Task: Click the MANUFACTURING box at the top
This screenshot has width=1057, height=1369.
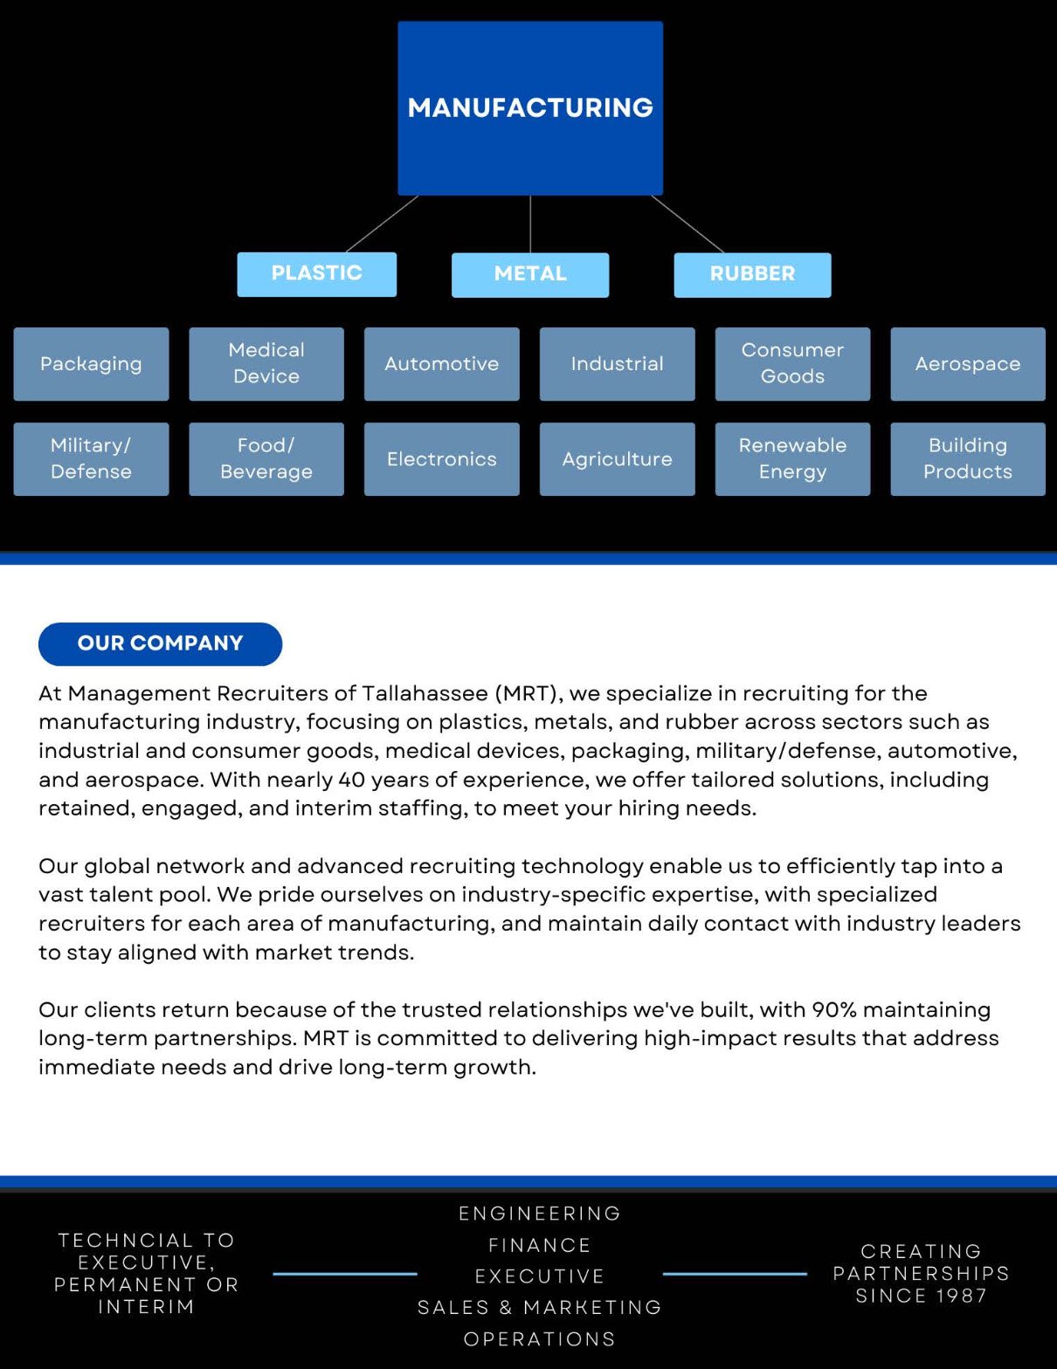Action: pos(530,107)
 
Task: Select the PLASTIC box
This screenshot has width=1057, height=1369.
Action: pos(316,273)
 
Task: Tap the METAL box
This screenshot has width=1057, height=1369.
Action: pos(530,274)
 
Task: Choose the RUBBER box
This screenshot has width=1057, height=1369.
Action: pos(752,274)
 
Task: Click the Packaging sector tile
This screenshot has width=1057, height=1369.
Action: pos(91,364)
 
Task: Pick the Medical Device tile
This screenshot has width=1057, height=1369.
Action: pos(266,363)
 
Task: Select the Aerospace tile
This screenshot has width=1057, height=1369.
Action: pos(967,364)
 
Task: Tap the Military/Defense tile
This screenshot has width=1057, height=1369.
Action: pos(91,458)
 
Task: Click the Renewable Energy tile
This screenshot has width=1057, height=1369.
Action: pos(792,458)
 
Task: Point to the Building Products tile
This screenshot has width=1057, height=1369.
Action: pos(967,458)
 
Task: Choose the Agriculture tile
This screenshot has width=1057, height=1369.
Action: pos(617,459)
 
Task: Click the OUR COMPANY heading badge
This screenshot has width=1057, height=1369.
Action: pos(160,643)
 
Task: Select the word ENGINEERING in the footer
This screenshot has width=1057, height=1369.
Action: pos(540,1214)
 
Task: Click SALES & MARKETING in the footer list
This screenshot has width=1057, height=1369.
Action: pos(540,1307)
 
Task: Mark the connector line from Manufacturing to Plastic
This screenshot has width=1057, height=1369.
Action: pos(383,224)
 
